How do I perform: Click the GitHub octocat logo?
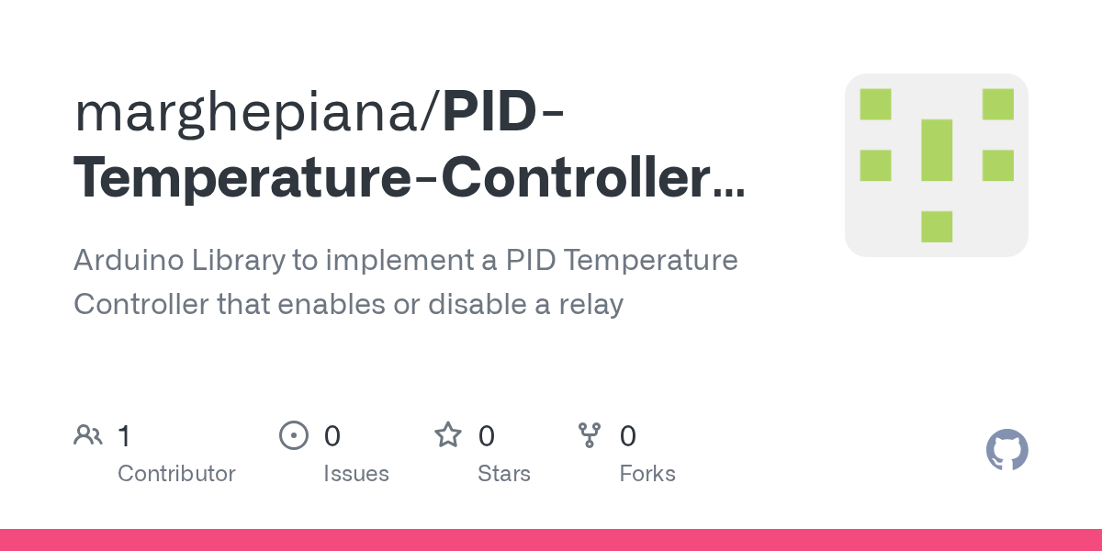pos(1006,450)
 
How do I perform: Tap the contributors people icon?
pos(88,435)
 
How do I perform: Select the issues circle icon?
pos(293,435)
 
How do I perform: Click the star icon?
pos(448,435)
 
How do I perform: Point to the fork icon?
pos(589,435)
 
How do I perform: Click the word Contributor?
pos(176,474)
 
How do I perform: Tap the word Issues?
pos(356,474)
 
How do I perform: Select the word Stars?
pos(504,474)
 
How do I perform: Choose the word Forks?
pos(647,474)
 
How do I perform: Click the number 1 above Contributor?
pos(124,435)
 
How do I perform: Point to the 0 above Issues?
pos(332,435)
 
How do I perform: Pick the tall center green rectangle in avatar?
pos(937,150)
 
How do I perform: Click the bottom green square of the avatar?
pos(937,226)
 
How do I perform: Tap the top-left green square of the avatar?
pos(875,104)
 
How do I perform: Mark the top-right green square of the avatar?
pos(997,104)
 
